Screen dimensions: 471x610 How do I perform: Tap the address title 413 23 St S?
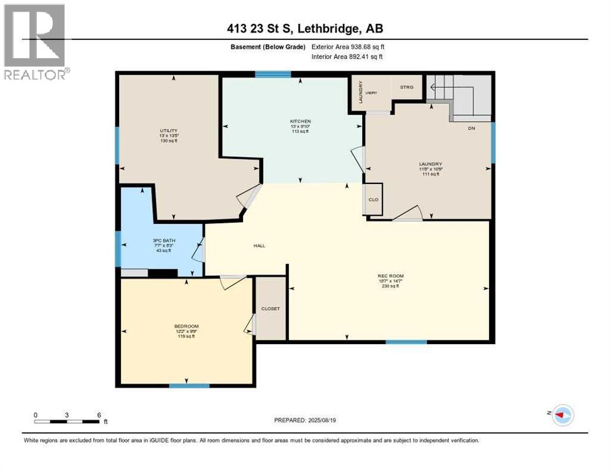305,29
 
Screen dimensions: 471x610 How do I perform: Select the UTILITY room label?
168,130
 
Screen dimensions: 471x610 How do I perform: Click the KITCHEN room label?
300,121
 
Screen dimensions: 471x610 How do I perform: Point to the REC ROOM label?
390,276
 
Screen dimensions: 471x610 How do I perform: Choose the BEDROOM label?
186,326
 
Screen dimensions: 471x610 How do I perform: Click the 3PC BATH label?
161,240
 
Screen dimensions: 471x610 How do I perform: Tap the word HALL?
259,245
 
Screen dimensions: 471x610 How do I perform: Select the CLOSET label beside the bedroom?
270,308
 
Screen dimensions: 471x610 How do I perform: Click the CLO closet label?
373,199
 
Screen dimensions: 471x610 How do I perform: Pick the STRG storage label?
407,87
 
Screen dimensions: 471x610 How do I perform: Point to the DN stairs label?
471,128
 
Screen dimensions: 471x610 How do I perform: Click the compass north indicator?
561,415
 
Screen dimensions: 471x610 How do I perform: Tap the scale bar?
68,421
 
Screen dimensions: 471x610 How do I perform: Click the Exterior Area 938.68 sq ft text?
348,47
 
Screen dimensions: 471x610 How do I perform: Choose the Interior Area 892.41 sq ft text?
348,57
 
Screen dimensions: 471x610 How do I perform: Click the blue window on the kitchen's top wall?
272,75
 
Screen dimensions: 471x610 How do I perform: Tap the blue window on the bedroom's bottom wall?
189,386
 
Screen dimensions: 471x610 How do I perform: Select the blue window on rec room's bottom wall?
406,342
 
